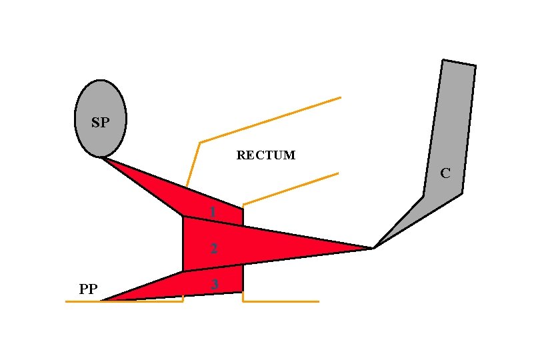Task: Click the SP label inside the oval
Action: (x=100, y=123)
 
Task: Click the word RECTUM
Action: (x=265, y=155)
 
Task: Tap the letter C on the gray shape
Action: (x=445, y=173)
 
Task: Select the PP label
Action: (x=88, y=289)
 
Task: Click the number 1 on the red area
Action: (x=212, y=212)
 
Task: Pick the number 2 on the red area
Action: (x=213, y=249)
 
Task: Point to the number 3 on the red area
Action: (x=214, y=284)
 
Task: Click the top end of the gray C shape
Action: (x=459, y=63)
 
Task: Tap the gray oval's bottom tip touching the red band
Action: (x=101, y=157)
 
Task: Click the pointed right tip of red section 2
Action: (x=372, y=248)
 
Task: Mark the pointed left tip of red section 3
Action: (x=102, y=301)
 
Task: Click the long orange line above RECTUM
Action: (x=270, y=120)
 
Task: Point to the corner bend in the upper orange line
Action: (x=199, y=142)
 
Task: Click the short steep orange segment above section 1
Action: (x=193, y=164)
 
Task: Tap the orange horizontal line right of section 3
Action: (x=280, y=301)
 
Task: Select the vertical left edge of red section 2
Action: (x=183, y=243)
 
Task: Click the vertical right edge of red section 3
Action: (x=242, y=279)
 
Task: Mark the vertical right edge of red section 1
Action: (x=243, y=216)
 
